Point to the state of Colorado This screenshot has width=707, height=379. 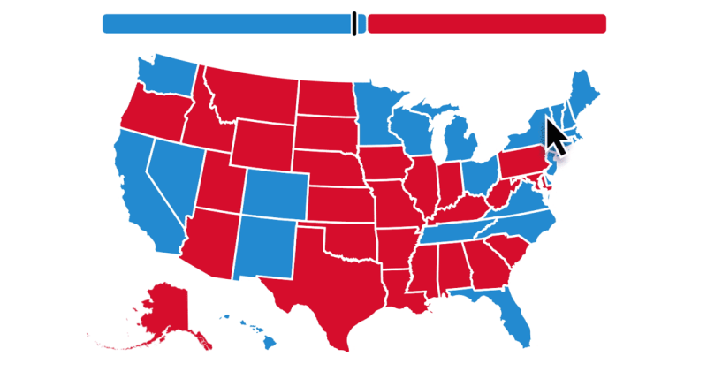275,193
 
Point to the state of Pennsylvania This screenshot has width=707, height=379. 526,164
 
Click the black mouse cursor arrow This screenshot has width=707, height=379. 555,137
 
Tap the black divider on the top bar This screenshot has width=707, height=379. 354,24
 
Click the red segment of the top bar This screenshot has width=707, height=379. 486,24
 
